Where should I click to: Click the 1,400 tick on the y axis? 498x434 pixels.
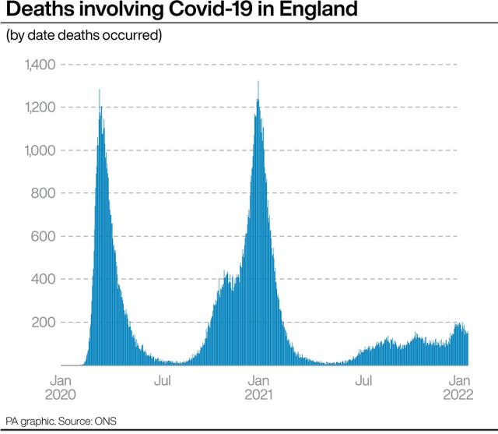40,65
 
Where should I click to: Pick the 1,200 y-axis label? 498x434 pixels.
40,108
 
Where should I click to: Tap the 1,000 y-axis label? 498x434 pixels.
40,150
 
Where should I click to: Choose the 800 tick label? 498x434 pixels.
44,193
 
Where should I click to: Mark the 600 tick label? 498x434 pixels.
44,236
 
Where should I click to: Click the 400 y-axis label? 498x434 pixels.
44,279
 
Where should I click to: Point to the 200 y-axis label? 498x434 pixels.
44,322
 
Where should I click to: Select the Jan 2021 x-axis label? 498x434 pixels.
258,387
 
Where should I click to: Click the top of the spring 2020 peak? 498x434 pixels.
100,90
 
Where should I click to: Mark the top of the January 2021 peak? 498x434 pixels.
258,82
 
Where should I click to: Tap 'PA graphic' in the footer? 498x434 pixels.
23,422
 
